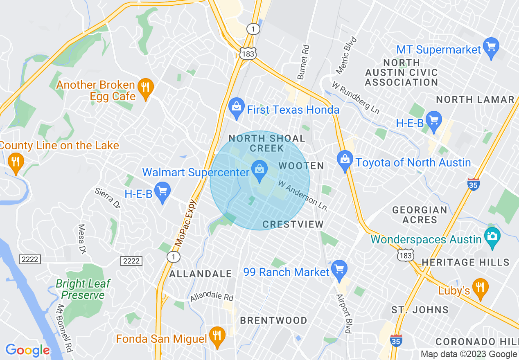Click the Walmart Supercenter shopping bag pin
tap(259, 169)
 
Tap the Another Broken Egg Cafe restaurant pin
tap(145, 87)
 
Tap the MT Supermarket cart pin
tap(491, 47)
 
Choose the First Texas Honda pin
tap(236, 107)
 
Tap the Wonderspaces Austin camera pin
tap(492, 237)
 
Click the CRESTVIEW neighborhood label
tap(293, 224)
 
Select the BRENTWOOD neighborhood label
tap(273, 320)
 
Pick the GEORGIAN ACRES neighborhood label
tap(420, 215)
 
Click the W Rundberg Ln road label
tap(355, 99)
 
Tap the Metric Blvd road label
tap(346, 56)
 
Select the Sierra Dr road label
tap(108, 198)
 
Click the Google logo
tap(27, 350)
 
